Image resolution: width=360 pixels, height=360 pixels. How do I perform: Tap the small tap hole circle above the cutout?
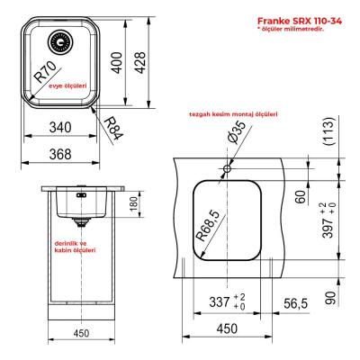227,168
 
